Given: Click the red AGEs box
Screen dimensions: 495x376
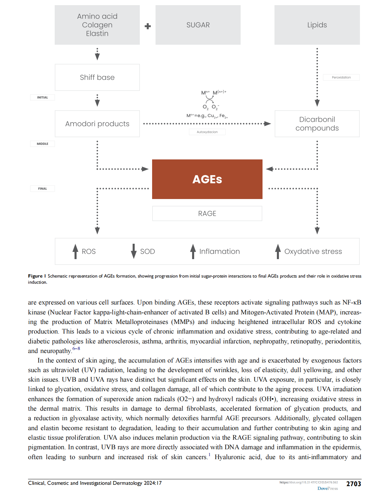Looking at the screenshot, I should pyautogui.click(x=207, y=179).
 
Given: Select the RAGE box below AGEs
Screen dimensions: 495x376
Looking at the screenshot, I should pyautogui.click(x=207, y=213).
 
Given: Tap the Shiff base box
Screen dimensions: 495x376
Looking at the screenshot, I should pyautogui.click(x=97, y=77).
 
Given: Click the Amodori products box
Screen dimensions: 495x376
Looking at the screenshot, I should pyautogui.click(x=97, y=124).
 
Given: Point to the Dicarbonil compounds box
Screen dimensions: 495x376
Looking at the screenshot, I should pyautogui.click(x=317, y=124).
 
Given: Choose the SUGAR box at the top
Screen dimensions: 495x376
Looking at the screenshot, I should pyautogui.click(x=198, y=25).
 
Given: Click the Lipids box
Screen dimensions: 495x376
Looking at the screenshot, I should pyautogui.click(x=317, y=25).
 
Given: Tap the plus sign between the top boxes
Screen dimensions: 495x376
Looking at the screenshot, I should pyautogui.click(x=148, y=26).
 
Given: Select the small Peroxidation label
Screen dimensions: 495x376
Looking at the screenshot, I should pyautogui.click(x=341, y=77).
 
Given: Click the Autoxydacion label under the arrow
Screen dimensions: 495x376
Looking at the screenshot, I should pyautogui.click(x=207, y=132).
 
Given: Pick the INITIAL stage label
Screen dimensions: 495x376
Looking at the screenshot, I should pyautogui.click(x=42, y=97).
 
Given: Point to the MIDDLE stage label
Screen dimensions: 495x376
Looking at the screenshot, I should pyautogui.click(x=42, y=144).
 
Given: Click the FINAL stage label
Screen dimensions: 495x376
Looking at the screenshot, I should pyautogui.click(x=42, y=188).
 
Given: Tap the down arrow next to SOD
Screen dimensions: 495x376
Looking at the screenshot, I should pyautogui.click(x=134, y=251).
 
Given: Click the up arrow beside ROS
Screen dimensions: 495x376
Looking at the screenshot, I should pyautogui.click(x=75, y=251).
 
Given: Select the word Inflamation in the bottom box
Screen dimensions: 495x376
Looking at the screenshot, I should pyautogui.click(x=219, y=251).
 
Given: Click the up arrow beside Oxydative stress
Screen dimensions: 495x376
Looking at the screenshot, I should pyautogui.click(x=278, y=251).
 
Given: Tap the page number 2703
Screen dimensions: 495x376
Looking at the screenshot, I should pyautogui.click(x=353, y=484).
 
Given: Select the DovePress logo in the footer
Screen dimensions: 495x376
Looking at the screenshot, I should pyautogui.click(x=327, y=489).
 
